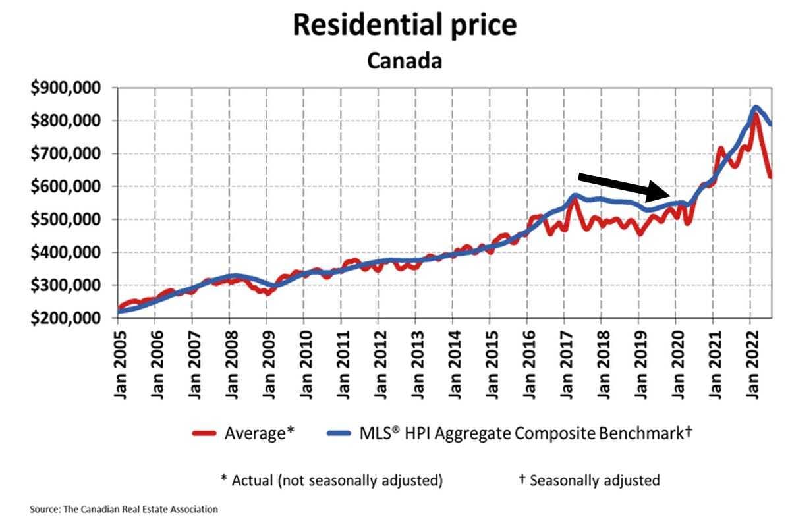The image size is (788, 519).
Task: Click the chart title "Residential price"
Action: [405, 25]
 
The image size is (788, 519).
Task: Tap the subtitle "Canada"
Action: [404, 61]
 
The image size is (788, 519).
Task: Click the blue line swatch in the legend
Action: [341, 433]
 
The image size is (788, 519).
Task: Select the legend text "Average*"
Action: [258, 433]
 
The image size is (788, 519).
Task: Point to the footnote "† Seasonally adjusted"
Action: [588, 479]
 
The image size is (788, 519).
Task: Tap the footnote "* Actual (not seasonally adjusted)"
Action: [331, 479]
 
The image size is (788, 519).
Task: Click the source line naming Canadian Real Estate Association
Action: [124, 509]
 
